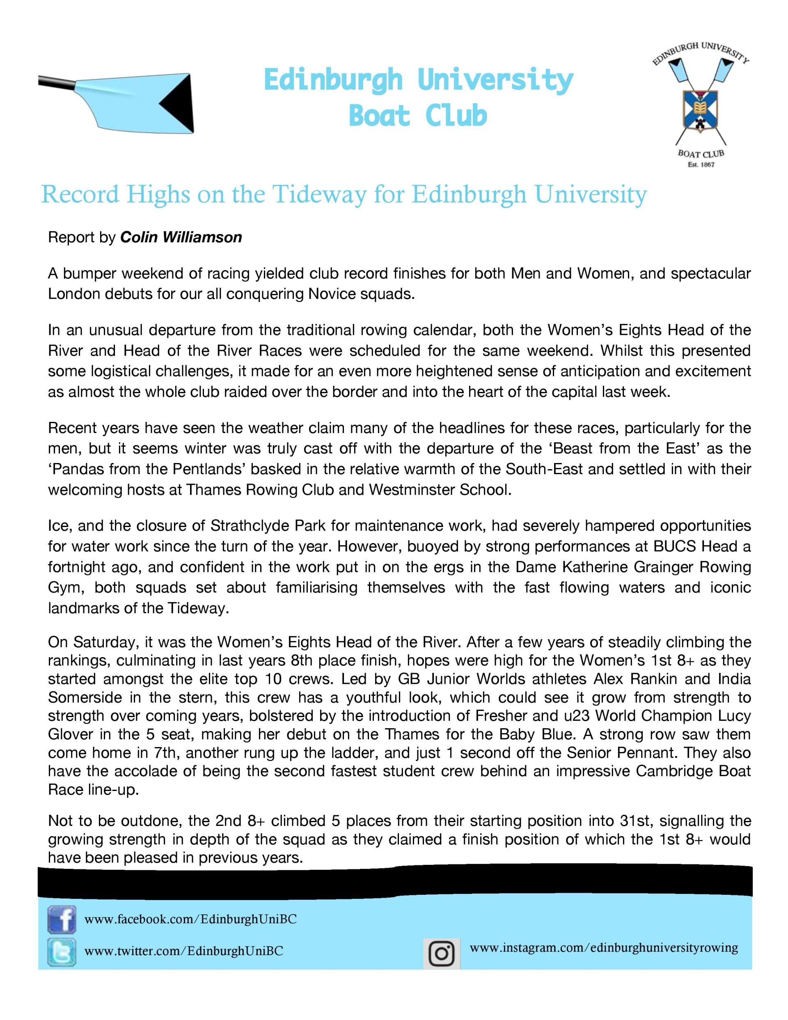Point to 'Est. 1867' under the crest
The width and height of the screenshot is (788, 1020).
tap(701, 165)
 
